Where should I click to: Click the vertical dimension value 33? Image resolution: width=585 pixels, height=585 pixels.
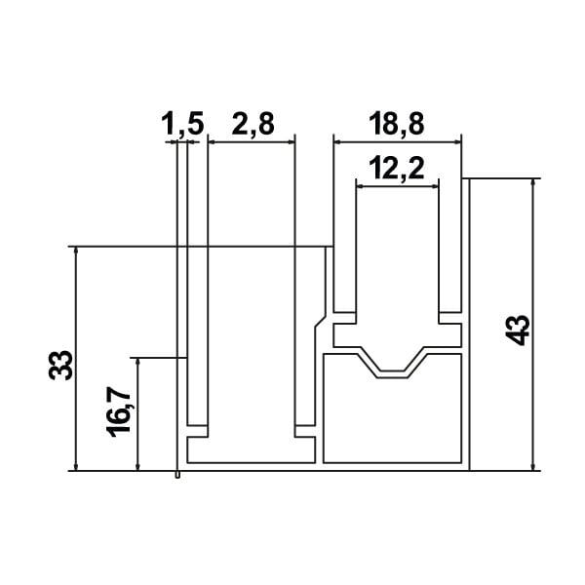[x=60, y=364]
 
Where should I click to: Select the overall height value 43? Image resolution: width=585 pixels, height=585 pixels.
[x=520, y=329]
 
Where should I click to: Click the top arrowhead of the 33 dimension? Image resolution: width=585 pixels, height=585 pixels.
[x=75, y=251]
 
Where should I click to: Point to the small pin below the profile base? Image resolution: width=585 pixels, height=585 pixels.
[x=177, y=476]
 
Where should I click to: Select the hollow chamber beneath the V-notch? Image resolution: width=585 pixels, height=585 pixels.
[x=390, y=419]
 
